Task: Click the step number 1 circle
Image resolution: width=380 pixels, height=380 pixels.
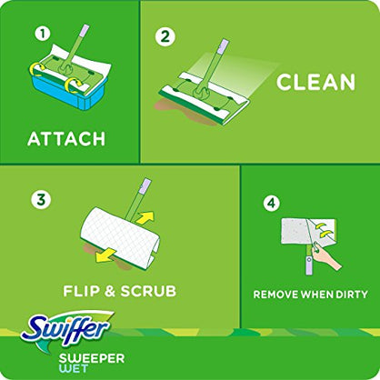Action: [41, 34]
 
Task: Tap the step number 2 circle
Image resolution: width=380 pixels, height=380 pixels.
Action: [165, 37]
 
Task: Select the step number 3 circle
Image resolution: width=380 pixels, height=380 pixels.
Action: [39, 198]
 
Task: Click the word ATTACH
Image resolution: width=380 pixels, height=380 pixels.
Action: [66, 139]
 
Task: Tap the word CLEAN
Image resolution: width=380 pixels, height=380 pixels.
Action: [316, 83]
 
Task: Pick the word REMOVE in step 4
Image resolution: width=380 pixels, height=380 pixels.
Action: [276, 295]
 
